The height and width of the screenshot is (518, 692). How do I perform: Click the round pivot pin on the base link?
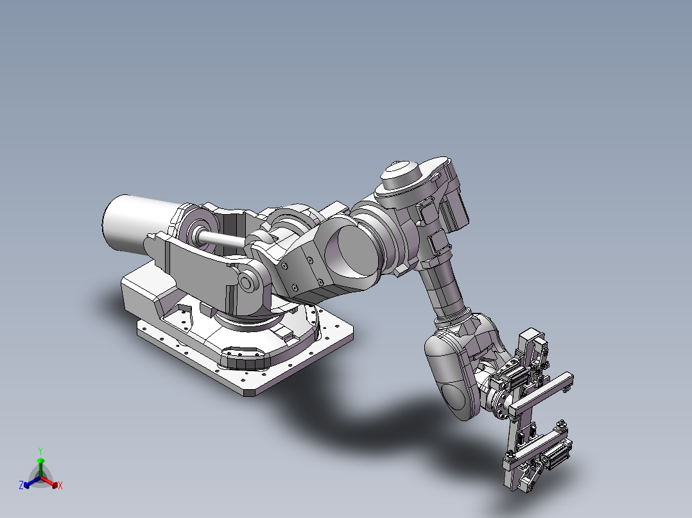(246, 283)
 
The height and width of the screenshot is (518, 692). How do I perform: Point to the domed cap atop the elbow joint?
(400, 171)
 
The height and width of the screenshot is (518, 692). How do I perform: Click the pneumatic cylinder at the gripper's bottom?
(555, 455)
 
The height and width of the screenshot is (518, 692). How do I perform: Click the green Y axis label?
(40, 450)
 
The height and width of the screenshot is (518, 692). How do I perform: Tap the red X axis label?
(60, 486)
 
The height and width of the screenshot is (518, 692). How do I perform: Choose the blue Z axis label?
(21, 485)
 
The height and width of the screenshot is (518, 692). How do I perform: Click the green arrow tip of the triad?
(40, 461)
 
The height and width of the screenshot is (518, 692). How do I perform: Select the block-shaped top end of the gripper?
(530, 338)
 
